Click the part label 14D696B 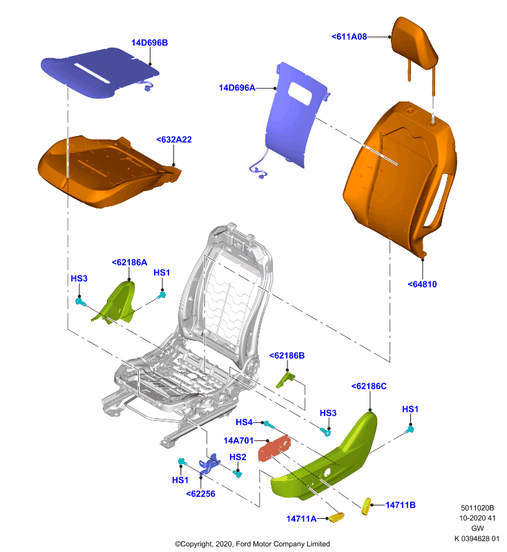pos(149,43)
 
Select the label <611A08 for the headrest pos(349,37)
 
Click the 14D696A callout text pos(237,88)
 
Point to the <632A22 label pos(174,139)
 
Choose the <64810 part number pos(422,284)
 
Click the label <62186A pos(129,262)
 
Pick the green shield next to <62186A pos(116,302)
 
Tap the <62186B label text pos(287,355)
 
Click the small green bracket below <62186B pos(285,379)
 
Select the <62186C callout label pos(369,386)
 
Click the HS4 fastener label pos(244,422)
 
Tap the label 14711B pos(400,505)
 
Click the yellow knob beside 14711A pos(336,517)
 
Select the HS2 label pos(238,457)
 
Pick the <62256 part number pos(200,493)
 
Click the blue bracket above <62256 pos(209,464)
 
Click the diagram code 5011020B pos(477,508)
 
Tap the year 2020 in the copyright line pos(222,544)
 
